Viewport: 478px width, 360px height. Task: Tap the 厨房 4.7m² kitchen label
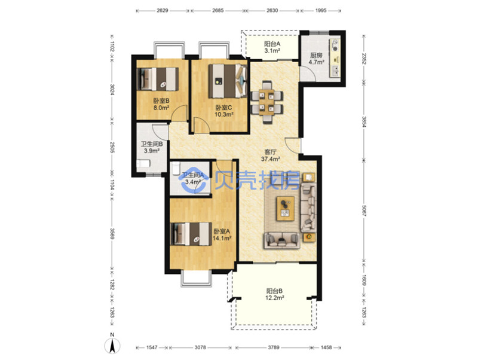coord(316,59)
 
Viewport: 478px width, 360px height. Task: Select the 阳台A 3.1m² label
coord(272,47)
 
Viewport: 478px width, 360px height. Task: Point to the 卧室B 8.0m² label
coord(161,103)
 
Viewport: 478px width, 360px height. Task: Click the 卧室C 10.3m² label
coord(224,111)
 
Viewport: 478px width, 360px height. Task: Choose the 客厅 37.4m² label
coord(271,155)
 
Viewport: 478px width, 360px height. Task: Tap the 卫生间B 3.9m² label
coord(152,147)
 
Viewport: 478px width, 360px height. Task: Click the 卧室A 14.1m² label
coord(222,234)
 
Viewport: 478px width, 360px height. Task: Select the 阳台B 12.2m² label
coord(275,294)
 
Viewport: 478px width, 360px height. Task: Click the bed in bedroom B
coord(158,79)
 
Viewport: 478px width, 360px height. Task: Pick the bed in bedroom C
coord(228,81)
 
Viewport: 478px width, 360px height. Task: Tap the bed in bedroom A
coord(191,234)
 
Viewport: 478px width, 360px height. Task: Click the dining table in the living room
coord(266,102)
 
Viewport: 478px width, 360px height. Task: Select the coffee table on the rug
coord(286,208)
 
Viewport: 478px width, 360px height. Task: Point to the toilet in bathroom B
coord(143,164)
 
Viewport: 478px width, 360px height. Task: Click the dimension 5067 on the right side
coord(364,210)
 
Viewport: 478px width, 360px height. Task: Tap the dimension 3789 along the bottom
coord(274,347)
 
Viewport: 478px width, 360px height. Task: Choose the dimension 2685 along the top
coord(218,10)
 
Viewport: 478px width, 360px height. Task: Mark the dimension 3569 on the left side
coord(112,233)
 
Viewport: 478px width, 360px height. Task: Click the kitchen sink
coord(335,71)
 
